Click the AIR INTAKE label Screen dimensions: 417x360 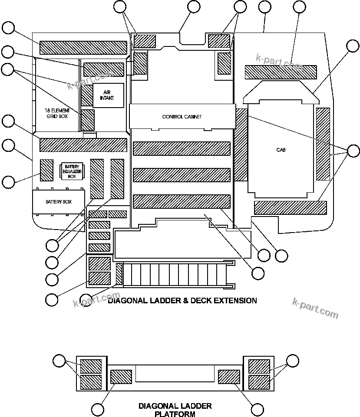[109, 95]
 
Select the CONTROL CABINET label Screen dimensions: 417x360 [182, 117]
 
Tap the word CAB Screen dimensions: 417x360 [281, 150]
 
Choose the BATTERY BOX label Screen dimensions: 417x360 [59, 202]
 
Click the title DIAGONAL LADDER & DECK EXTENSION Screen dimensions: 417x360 [182, 300]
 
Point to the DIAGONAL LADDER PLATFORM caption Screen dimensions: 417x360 [175, 410]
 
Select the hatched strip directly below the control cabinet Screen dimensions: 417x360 [181, 148]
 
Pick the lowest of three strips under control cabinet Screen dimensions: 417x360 [181, 201]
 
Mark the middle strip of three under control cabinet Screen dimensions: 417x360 [181, 175]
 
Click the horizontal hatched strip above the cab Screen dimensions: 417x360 [281, 72]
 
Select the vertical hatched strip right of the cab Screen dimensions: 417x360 [323, 143]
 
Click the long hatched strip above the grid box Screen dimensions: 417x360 [83, 48]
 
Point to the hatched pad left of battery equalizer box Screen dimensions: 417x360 [46, 170]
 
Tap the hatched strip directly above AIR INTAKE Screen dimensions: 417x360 [103, 69]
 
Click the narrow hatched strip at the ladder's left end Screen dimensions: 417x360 [119, 274]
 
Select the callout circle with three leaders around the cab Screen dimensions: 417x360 [353, 151]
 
